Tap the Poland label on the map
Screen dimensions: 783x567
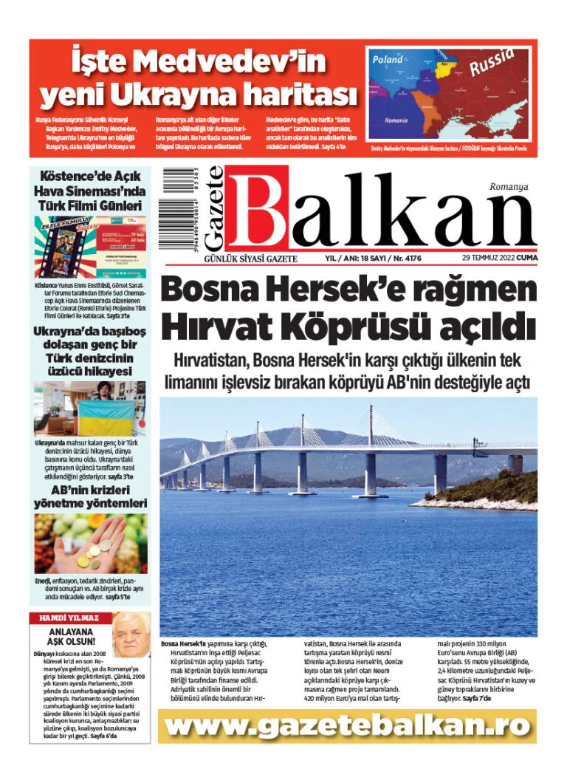pos(388,59)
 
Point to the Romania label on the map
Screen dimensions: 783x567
pos(396,120)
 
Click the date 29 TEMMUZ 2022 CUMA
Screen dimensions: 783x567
pos(499,258)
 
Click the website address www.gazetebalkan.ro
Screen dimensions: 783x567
pos(347,726)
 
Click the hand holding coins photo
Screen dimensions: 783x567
pos(90,544)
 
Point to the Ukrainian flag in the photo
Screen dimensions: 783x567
pos(106,417)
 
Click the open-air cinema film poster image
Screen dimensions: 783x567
pos(90,247)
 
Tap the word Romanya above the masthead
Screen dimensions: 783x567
pos(509,187)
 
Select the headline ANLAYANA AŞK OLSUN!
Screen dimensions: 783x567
pos(72,637)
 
